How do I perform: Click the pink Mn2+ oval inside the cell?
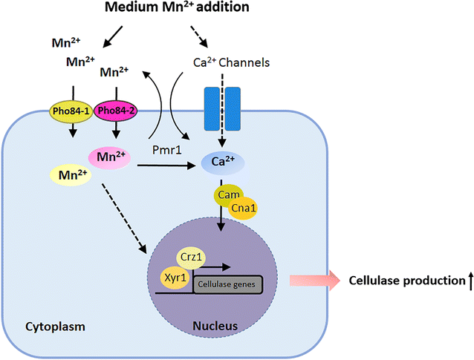tap(111, 157)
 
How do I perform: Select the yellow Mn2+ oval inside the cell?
tap(71, 175)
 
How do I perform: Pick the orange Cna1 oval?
tap(240, 209)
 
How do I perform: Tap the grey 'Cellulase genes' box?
tap(227, 284)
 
